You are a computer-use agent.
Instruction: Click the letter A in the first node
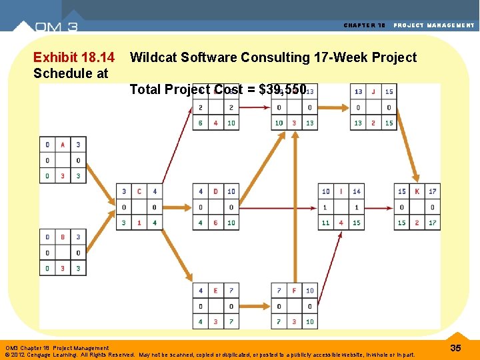click(x=63, y=145)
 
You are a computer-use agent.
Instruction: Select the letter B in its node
click(x=63, y=237)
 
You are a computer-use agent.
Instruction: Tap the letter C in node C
click(x=139, y=191)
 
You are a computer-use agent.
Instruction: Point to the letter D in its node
click(x=215, y=191)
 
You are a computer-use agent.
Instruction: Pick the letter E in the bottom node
click(x=215, y=291)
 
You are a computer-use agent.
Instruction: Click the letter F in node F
click(x=294, y=291)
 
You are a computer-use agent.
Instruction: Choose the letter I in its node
click(x=341, y=191)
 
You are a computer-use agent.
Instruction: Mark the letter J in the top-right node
click(x=373, y=92)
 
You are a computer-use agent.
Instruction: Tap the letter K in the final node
click(x=417, y=191)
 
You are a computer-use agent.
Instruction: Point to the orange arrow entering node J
click(x=333, y=107)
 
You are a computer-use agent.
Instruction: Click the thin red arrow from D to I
click(x=279, y=207)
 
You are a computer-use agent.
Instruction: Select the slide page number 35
click(x=456, y=348)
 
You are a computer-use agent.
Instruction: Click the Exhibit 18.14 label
click(x=73, y=58)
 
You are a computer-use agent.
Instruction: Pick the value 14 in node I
click(x=357, y=191)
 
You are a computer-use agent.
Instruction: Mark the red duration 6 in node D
click(x=215, y=223)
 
